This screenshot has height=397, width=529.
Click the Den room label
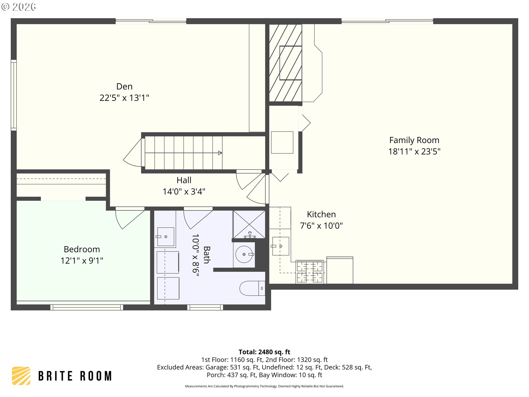click(124, 87)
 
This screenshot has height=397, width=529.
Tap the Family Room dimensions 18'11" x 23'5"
click(414, 152)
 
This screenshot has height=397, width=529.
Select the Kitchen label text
click(321, 214)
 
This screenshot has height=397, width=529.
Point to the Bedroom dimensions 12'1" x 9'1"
click(82, 261)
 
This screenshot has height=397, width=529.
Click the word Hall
click(184, 180)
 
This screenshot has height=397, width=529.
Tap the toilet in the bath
click(252, 288)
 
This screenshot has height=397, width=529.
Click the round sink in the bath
click(244, 254)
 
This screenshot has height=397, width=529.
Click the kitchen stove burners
click(310, 272)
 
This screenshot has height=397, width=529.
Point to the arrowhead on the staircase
click(220, 153)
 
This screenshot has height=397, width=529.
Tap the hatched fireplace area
click(285, 63)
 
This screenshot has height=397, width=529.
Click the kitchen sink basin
click(280, 246)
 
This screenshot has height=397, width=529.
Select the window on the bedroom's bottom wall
click(87, 307)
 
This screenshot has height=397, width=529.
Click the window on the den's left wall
click(14, 95)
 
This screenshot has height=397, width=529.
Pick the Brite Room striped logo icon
click(21, 376)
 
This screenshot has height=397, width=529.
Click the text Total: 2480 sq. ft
click(264, 352)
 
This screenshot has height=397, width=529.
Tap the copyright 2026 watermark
click(18, 7)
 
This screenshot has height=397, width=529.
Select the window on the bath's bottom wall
click(205, 307)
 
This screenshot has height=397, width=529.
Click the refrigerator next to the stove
click(340, 270)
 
